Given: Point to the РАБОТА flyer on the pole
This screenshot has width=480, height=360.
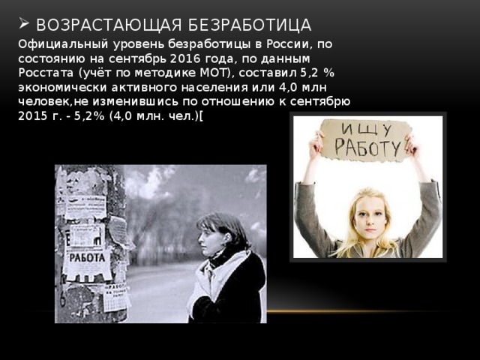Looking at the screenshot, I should tap(88, 255).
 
